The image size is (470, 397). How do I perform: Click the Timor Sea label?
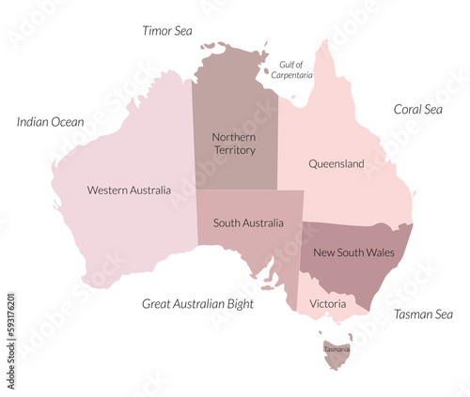point(167,31)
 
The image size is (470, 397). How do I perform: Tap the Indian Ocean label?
point(51,122)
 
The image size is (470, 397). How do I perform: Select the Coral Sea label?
point(417,110)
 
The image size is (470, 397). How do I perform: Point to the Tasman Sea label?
point(423,314)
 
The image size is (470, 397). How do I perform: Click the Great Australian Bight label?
point(197,304)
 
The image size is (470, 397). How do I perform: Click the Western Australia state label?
point(129,191)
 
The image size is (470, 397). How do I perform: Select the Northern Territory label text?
point(233,144)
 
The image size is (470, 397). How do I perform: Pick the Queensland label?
point(337,164)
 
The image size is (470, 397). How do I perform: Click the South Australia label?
point(248,223)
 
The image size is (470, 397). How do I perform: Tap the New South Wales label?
point(353,252)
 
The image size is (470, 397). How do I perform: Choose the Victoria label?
point(327,304)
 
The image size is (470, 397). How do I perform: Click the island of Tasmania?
point(337,352)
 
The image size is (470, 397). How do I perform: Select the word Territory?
point(233,150)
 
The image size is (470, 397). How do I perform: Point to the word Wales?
point(379,252)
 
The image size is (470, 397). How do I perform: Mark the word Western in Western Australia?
point(107,191)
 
